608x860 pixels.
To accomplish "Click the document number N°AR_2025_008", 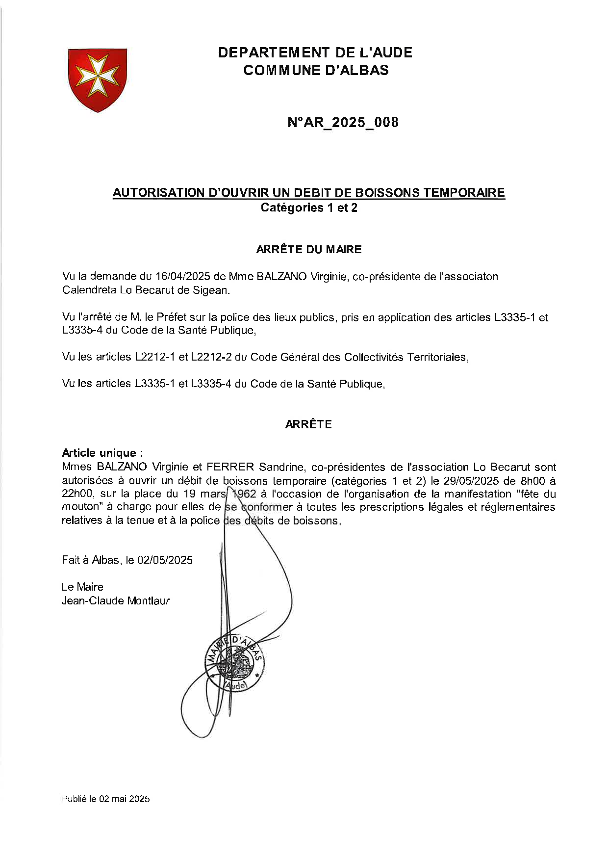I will [343, 122].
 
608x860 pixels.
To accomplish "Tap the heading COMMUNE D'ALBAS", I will [316, 70].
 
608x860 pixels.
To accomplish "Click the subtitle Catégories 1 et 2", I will [309, 208].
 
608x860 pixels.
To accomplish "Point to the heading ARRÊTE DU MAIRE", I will [309, 249].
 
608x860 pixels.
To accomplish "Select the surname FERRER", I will [230, 467].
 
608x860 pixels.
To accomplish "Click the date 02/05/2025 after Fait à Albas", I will [165, 560].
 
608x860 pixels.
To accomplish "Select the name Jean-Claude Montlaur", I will [116, 600].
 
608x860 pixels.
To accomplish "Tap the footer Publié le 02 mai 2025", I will [105, 799].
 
